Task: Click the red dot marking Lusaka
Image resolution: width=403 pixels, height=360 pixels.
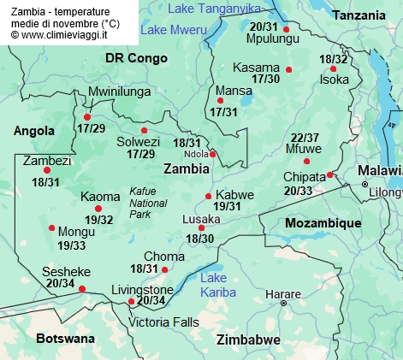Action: click(x=202, y=227)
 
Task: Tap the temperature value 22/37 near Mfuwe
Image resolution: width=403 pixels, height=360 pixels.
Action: click(x=305, y=138)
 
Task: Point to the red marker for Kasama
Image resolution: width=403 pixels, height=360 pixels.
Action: click(x=289, y=69)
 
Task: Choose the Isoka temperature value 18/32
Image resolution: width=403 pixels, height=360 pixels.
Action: click(x=334, y=59)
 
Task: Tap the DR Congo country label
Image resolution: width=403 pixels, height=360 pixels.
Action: click(x=133, y=58)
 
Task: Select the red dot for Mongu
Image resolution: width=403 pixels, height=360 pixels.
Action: click(x=52, y=228)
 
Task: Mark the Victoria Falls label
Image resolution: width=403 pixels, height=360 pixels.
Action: click(x=163, y=322)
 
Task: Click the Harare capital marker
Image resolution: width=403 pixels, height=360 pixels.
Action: click(x=284, y=302)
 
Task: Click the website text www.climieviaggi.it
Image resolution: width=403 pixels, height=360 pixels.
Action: click(x=65, y=36)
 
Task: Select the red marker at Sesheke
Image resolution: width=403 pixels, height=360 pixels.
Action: click(x=82, y=289)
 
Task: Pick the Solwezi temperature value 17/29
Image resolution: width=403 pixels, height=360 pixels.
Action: click(x=141, y=154)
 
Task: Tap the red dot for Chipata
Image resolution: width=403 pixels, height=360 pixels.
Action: click(x=329, y=175)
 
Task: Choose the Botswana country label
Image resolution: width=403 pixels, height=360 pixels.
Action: click(x=65, y=339)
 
